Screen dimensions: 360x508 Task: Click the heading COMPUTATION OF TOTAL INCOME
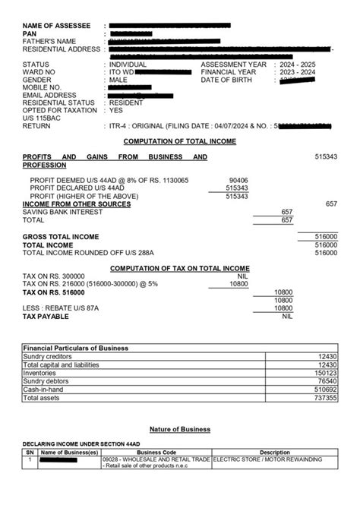click(180, 141)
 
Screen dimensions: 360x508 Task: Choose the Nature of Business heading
click(180, 429)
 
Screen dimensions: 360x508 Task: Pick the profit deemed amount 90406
click(238, 181)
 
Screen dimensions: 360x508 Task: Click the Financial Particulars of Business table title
click(76, 348)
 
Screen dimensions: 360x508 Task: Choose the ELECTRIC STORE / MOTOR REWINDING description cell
click(267, 459)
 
